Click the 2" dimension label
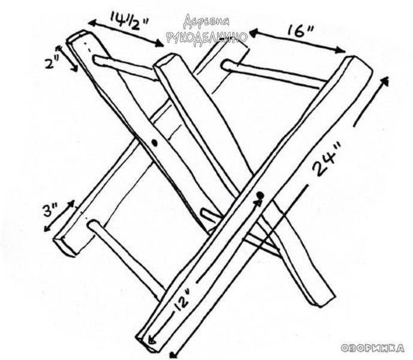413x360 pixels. coord(52,63)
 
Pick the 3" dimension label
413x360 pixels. coord(50,210)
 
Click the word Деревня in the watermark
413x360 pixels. coord(206,21)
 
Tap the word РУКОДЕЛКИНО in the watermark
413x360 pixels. coord(207,37)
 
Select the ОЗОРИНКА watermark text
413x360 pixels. coord(373,348)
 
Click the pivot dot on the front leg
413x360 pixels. coord(260,196)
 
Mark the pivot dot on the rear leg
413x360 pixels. coord(155,143)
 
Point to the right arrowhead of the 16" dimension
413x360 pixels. coord(340,50)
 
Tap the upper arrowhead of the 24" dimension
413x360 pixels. coord(385,81)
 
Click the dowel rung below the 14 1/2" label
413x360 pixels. coord(125,67)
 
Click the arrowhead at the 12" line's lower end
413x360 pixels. coord(152,340)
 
